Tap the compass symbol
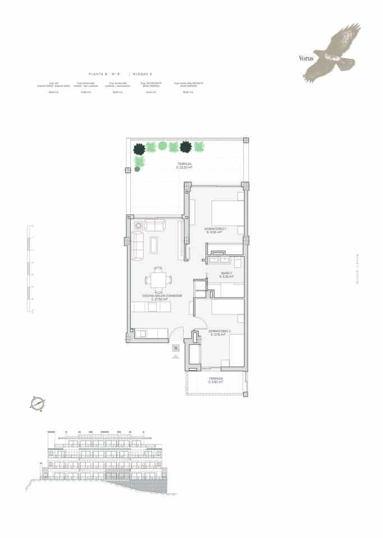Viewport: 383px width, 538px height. pos(38,403)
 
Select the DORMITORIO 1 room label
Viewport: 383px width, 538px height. pos(215,230)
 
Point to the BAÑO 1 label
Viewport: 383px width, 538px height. pos(226,275)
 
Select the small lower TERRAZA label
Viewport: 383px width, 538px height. pos(216,381)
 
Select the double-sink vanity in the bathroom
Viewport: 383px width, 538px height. pos(219,260)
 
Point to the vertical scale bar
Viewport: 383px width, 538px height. pos(28,269)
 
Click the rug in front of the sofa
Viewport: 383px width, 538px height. pos(154,244)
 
